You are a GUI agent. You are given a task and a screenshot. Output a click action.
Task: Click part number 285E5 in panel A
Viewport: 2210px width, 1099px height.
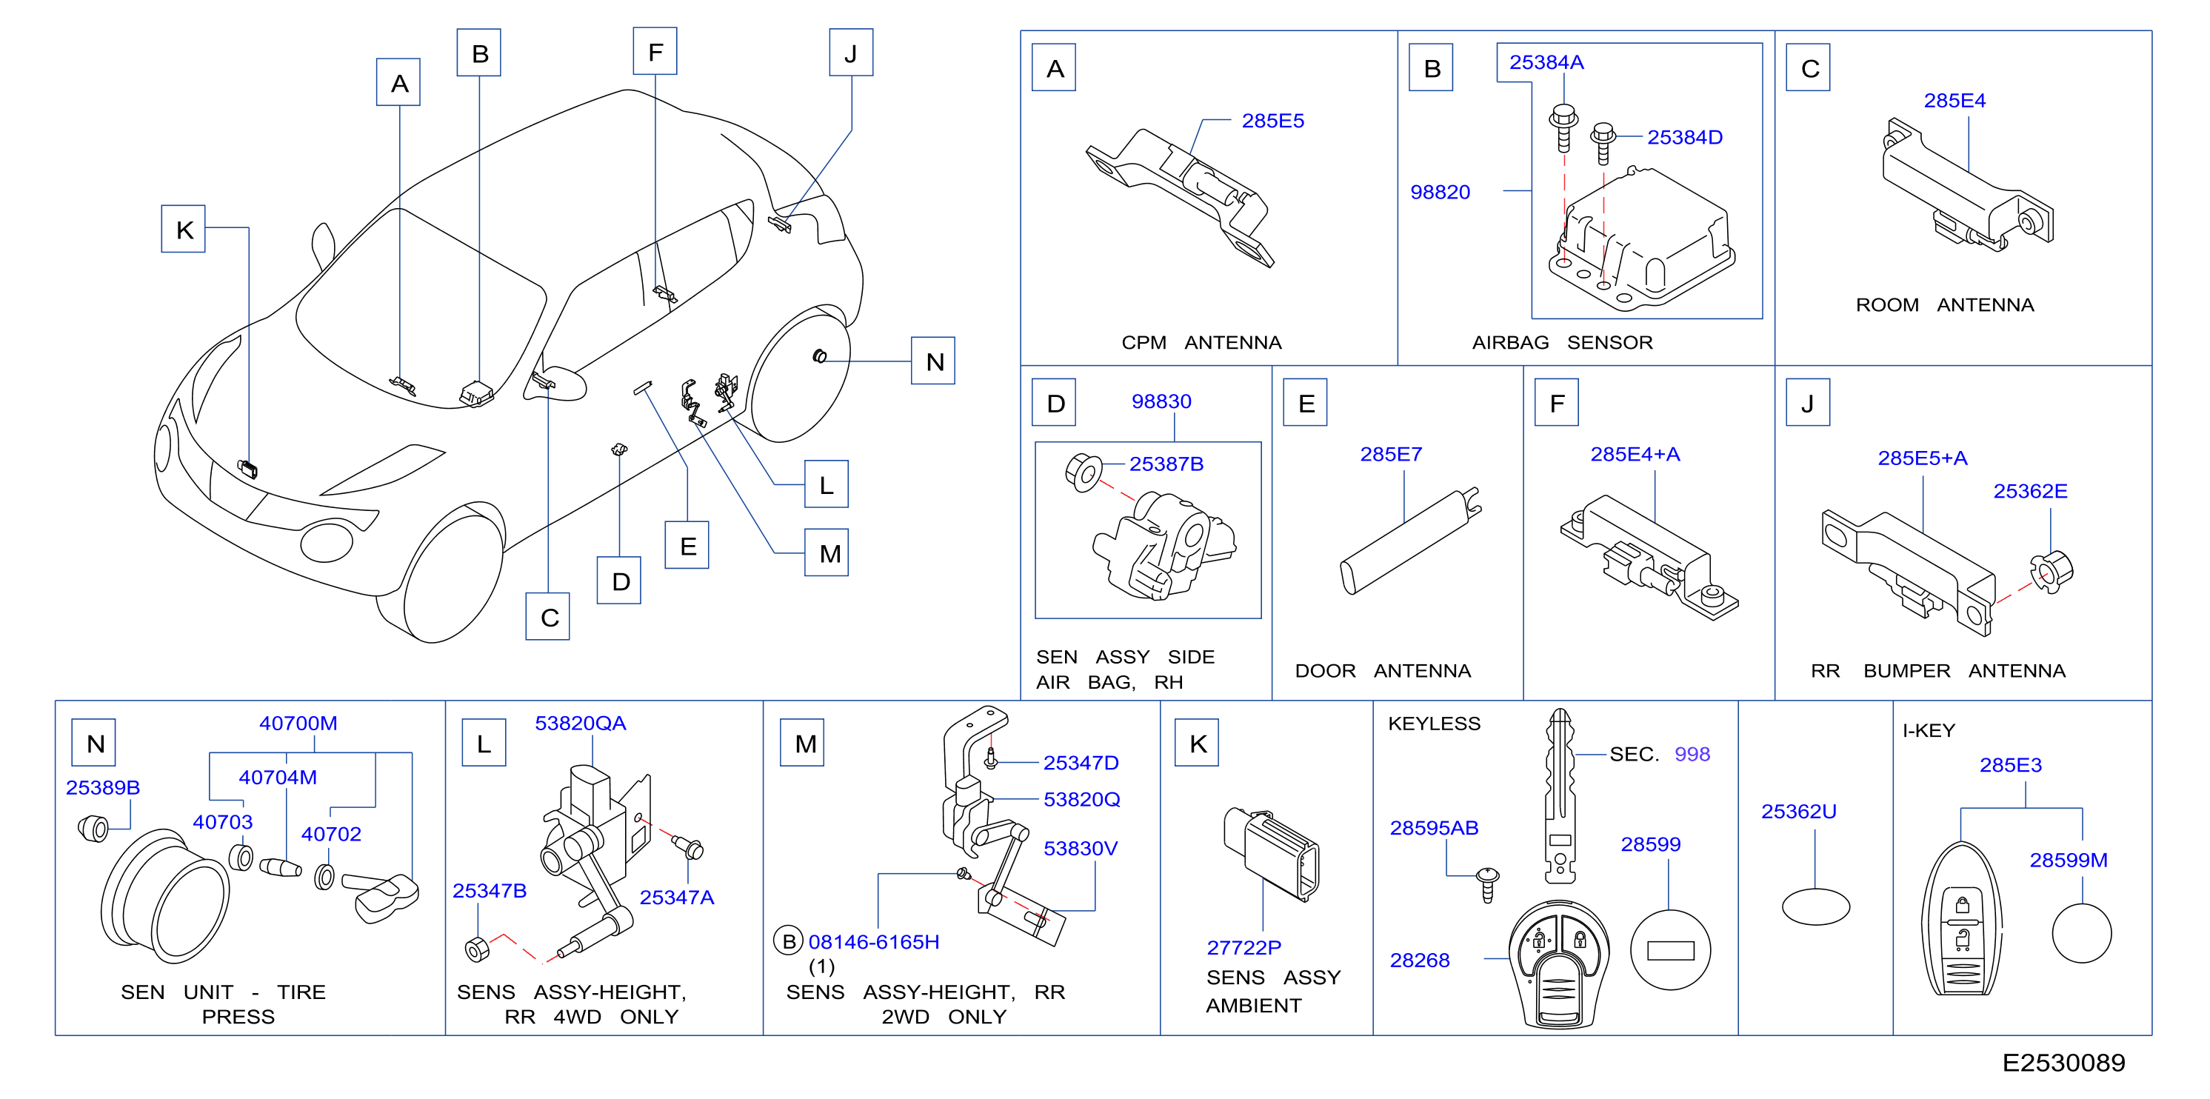click(x=1272, y=121)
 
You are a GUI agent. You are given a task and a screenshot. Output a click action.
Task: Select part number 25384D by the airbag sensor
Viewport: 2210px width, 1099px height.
click(x=1684, y=137)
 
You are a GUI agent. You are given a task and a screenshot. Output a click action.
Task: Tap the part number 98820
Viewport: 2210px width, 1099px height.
click(x=1440, y=192)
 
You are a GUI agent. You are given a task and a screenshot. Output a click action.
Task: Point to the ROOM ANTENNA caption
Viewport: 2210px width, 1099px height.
click(x=1944, y=304)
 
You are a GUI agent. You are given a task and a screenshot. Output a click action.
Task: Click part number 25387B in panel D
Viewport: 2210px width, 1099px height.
click(x=1166, y=464)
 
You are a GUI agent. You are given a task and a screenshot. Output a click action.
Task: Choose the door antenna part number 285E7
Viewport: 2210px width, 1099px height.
click(x=1391, y=454)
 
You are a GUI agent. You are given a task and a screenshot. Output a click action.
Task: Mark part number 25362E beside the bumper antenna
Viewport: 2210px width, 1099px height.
click(x=2030, y=491)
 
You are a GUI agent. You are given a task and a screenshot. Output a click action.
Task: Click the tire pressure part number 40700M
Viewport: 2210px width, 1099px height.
click(x=298, y=724)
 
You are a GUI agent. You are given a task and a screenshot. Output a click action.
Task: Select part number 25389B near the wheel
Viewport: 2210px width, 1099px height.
click(x=103, y=787)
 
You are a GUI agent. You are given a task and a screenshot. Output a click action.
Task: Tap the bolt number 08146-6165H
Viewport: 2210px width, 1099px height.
click(x=873, y=942)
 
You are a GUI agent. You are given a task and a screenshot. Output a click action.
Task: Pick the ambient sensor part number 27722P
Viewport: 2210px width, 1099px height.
click(x=1243, y=948)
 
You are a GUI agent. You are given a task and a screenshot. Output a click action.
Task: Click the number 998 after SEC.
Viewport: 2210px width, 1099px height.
click(x=1692, y=754)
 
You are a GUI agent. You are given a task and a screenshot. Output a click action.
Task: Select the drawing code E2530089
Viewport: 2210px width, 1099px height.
click(x=2063, y=1063)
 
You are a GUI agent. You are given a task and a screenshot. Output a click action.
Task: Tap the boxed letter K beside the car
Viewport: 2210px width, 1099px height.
click(x=184, y=229)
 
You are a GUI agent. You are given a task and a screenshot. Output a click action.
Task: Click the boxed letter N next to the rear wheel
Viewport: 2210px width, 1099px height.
click(x=933, y=361)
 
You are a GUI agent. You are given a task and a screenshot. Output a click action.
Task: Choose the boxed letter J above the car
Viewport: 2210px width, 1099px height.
click(x=851, y=53)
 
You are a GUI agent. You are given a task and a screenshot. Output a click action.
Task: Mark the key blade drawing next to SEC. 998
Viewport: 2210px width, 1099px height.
click(x=1560, y=796)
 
